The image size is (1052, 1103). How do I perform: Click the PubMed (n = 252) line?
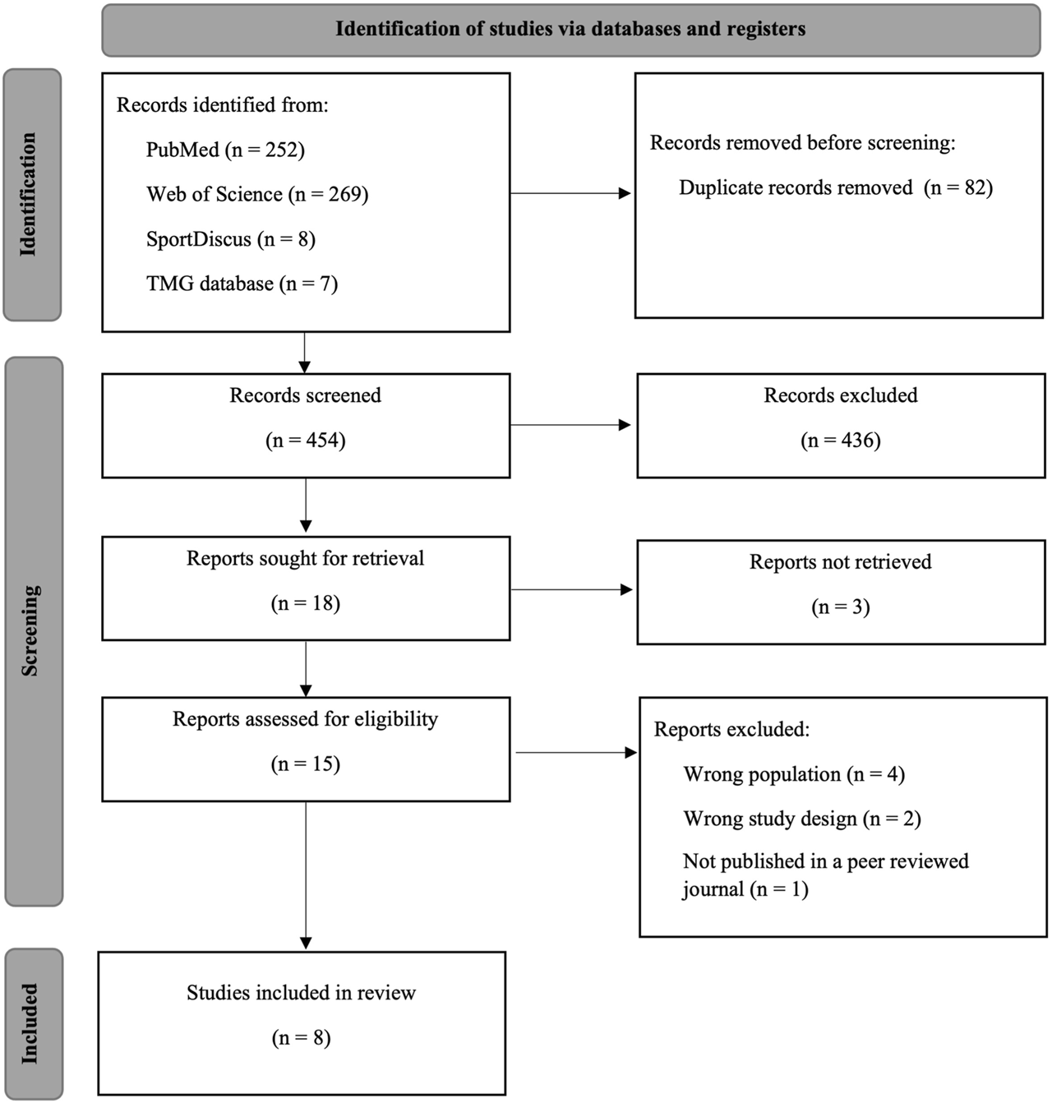point(225,150)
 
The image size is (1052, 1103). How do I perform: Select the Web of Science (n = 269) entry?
point(257,194)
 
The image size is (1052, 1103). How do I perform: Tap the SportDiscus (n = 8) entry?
point(231,239)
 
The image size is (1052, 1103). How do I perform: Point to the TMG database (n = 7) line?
point(242,284)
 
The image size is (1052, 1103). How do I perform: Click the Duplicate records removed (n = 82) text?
point(835,187)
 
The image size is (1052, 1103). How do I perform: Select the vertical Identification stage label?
point(30,195)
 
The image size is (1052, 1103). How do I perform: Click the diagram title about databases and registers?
point(570,29)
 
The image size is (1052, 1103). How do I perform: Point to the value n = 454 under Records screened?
point(306,441)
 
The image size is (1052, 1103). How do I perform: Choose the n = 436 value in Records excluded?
point(841,441)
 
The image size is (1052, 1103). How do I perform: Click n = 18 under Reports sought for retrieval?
point(306,603)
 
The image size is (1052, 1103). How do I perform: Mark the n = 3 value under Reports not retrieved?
point(841,607)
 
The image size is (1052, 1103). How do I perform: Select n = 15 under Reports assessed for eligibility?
point(306,764)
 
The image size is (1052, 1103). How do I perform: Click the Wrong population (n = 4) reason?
point(794,774)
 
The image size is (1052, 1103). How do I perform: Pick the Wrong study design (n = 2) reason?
point(802,819)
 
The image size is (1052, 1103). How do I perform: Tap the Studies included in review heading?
point(301,993)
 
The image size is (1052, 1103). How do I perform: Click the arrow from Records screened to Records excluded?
point(570,425)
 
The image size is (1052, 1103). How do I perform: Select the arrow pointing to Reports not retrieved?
point(570,589)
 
